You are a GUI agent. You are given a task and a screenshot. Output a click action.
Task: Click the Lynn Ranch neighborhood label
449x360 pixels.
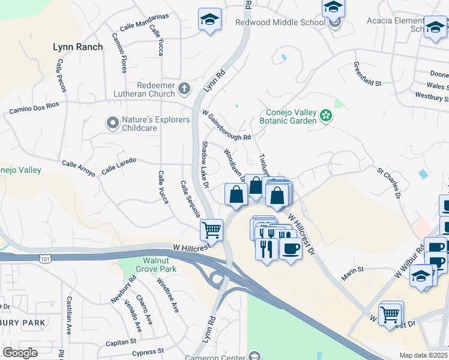(x=77, y=46)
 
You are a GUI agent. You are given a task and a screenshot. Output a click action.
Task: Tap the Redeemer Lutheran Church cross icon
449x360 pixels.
(x=184, y=89)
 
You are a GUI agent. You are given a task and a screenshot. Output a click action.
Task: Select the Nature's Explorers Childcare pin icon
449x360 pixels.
(x=112, y=123)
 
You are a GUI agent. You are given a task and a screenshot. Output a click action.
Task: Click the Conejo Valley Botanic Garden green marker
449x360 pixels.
(x=326, y=115)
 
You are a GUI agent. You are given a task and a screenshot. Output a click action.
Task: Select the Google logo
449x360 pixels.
(x=20, y=352)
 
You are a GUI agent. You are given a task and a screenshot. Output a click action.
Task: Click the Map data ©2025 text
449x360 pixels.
(x=423, y=355)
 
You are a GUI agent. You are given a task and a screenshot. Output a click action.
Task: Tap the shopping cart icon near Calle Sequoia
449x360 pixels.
(x=211, y=229)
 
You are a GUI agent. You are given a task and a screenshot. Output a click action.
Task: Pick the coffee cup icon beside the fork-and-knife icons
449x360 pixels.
(x=291, y=248)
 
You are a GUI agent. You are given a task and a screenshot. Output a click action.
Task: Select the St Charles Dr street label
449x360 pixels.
(x=388, y=182)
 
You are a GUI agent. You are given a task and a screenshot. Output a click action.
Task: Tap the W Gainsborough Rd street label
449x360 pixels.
(x=226, y=125)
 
